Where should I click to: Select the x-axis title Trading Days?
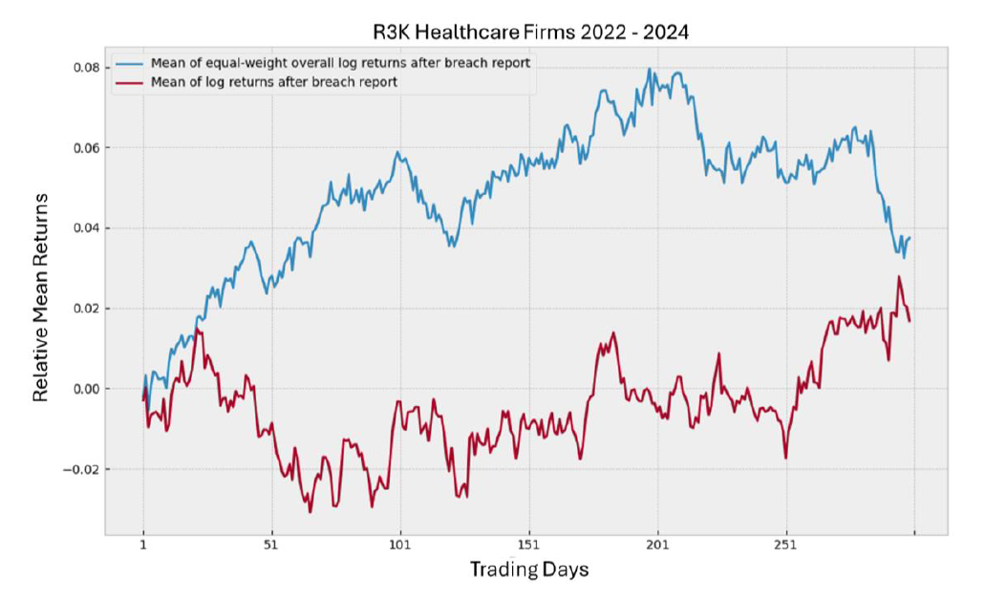[528, 569]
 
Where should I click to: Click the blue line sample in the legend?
[130, 63]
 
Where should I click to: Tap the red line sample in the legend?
[130, 82]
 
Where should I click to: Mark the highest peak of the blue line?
[650, 69]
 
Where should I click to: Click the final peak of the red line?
[898, 277]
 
